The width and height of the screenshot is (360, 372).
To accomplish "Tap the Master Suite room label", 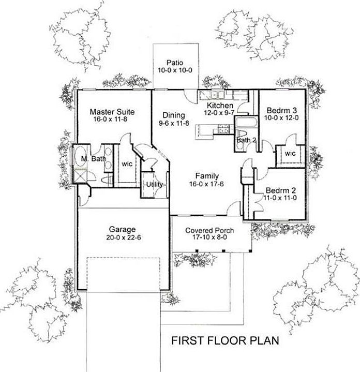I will tap(112, 111).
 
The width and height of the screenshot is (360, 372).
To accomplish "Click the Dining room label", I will tap(171, 115).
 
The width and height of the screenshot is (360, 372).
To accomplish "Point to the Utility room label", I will tap(155, 185).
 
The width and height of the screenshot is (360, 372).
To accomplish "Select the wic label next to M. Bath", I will tap(127, 164).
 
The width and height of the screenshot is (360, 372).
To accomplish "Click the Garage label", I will tap(122, 229).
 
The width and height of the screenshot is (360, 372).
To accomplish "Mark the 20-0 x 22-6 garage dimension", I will tap(122, 238).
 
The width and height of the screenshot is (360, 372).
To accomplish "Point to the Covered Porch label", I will tap(210, 231).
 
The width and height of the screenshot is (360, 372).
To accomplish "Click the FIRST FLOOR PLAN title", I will tap(225, 340).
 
